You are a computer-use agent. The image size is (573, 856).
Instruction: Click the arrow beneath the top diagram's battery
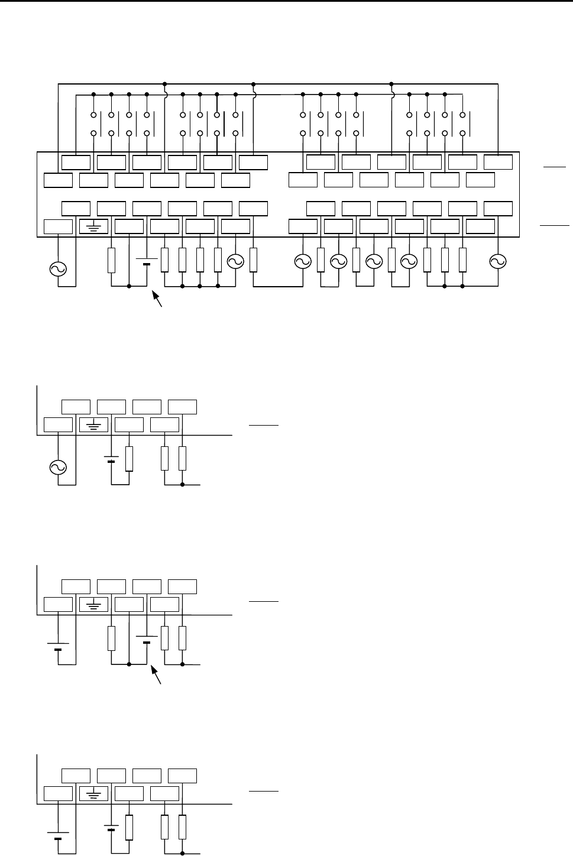pyautogui.click(x=158, y=299)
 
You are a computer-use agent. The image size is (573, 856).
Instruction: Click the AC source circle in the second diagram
pyautogui.click(x=58, y=468)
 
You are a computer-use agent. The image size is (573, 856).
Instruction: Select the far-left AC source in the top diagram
pyautogui.click(x=58, y=269)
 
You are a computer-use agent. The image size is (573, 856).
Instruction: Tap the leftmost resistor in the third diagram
pyautogui.click(x=111, y=639)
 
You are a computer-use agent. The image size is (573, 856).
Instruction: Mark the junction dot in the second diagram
pyautogui.click(x=182, y=485)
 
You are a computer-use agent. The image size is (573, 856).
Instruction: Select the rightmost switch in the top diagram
pyautogui.click(x=462, y=123)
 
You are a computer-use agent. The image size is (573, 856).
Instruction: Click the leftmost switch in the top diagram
pyautogui.click(x=93, y=123)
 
